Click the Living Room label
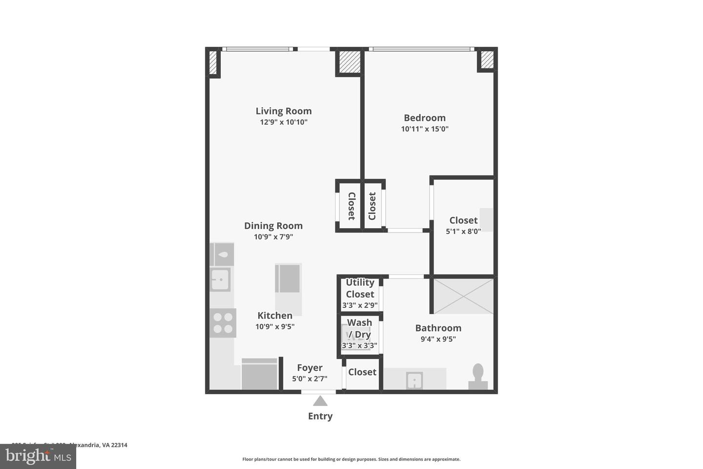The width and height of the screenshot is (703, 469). click(284, 111)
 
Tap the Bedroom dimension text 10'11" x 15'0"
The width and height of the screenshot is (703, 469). click(425, 129)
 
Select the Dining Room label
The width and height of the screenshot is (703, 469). click(273, 226)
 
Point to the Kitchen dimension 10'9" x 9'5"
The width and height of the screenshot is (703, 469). click(275, 327)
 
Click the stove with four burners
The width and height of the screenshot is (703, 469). click(223, 323)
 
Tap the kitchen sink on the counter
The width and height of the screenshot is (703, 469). click(220, 279)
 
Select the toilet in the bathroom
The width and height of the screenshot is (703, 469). click(478, 377)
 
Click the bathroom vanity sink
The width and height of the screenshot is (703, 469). click(414, 380)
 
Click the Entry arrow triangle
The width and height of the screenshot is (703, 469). click(320, 401)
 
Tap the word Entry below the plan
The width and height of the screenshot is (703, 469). click(320, 416)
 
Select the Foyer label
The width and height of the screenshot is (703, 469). click(310, 368)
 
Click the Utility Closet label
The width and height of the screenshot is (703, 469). click(360, 288)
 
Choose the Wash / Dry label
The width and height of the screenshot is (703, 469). click(360, 328)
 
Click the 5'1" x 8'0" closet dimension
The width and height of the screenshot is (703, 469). click(463, 232)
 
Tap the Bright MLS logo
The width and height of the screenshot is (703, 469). click(38, 456)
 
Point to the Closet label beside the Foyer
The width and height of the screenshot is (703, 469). click(362, 372)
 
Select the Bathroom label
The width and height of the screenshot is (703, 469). click(438, 328)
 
